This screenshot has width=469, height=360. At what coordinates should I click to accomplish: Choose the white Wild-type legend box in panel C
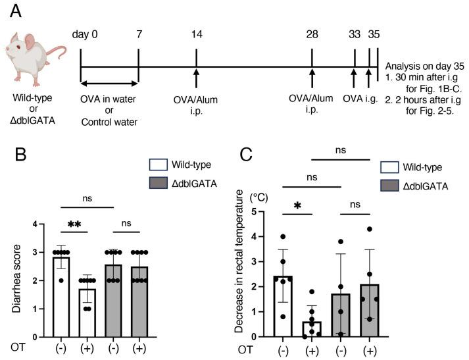[390, 168]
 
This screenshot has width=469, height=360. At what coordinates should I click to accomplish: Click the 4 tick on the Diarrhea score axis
[43, 226]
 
